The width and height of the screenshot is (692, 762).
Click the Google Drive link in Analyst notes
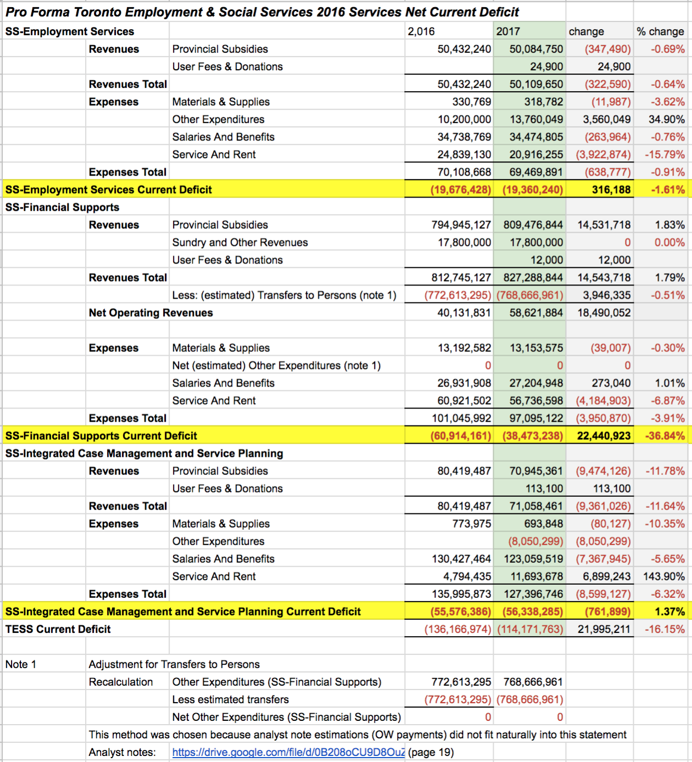(x=288, y=752)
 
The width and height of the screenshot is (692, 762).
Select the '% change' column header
(x=661, y=32)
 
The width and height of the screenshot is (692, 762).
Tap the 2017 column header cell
(x=508, y=32)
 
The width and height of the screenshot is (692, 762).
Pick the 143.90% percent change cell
(x=663, y=576)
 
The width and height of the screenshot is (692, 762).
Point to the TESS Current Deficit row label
(x=58, y=629)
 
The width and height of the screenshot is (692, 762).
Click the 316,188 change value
(x=611, y=190)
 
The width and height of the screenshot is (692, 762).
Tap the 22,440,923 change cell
(x=604, y=436)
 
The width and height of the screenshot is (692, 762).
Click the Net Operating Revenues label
(x=151, y=313)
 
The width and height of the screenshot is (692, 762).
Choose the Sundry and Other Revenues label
(x=240, y=243)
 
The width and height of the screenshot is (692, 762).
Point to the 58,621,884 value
(x=536, y=313)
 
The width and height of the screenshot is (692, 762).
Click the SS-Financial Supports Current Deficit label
(x=101, y=436)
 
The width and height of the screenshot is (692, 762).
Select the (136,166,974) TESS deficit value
(x=457, y=629)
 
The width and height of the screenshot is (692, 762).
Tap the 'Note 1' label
(x=21, y=664)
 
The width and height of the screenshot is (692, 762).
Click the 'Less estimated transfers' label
(x=231, y=699)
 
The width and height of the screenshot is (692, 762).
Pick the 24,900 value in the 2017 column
(x=546, y=67)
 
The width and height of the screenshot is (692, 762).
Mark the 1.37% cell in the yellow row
(x=669, y=612)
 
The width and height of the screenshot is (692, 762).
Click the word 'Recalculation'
(x=121, y=682)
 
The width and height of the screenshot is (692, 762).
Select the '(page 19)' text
(x=431, y=752)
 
